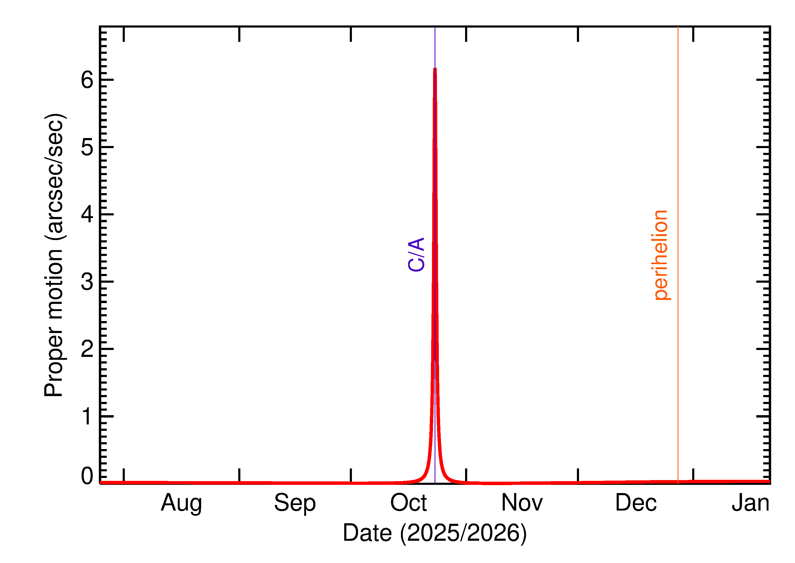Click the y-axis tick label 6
tap(87, 80)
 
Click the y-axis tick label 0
tap(87, 476)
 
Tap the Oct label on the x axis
tap(408, 503)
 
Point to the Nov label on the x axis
tap(522, 503)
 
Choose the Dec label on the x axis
tap(636, 503)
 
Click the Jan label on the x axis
tap(750, 503)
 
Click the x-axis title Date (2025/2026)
tap(434, 533)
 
